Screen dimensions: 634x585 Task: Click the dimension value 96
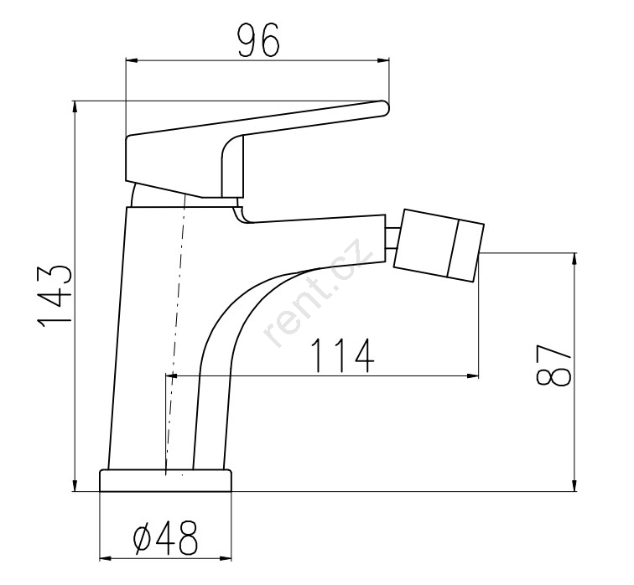[258, 39]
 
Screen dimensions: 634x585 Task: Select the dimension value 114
[342, 355]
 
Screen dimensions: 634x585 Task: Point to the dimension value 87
[553, 365]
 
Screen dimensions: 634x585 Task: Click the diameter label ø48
[166, 538]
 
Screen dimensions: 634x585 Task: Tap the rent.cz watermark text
[318, 292]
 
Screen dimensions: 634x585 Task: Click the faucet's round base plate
[165, 480]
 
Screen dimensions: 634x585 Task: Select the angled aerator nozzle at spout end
[439, 246]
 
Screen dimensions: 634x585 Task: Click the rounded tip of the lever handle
[383, 108]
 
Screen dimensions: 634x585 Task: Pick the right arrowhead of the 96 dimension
[383, 60]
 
